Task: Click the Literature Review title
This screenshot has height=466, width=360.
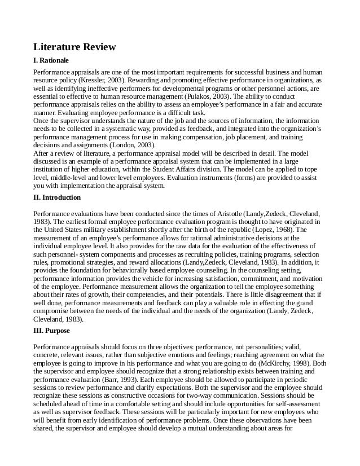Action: tap(74, 47)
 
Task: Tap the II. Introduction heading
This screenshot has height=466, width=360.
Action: tap(57, 197)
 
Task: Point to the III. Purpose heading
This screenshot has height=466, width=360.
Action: tap(51, 331)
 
